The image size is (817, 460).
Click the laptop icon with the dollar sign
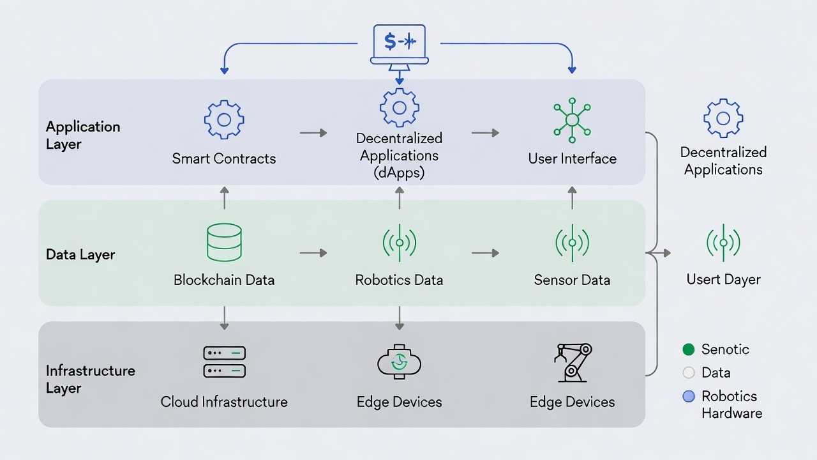[x=400, y=45]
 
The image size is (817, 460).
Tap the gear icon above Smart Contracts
[x=224, y=119]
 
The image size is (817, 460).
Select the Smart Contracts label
[x=224, y=158]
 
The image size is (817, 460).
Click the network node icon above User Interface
[x=572, y=120]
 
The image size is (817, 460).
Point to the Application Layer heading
[x=83, y=135]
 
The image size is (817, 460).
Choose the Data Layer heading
[x=80, y=254]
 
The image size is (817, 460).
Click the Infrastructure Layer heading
[x=90, y=379]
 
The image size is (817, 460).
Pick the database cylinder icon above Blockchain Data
[x=224, y=242]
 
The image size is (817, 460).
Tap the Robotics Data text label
[x=399, y=280]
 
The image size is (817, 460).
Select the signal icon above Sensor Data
[x=572, y=243]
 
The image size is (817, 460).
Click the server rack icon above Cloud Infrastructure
[x=224, y=362]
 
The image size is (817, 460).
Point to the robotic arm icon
[x=573, y=362]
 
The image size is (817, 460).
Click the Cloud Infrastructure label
[x=224, y=402]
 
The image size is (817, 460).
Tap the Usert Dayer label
[x=723, y=279]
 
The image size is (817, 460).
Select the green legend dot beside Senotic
[x=688, y=349]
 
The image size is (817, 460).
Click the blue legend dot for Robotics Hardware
[x=688, y=396]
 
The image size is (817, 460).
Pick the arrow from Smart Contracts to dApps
[x=313, y=133]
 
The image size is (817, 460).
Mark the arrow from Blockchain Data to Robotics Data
[x=313, y=253]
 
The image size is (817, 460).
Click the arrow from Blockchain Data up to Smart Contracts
[x=224, y=197]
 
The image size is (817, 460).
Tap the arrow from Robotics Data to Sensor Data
[x=485, y=253]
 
